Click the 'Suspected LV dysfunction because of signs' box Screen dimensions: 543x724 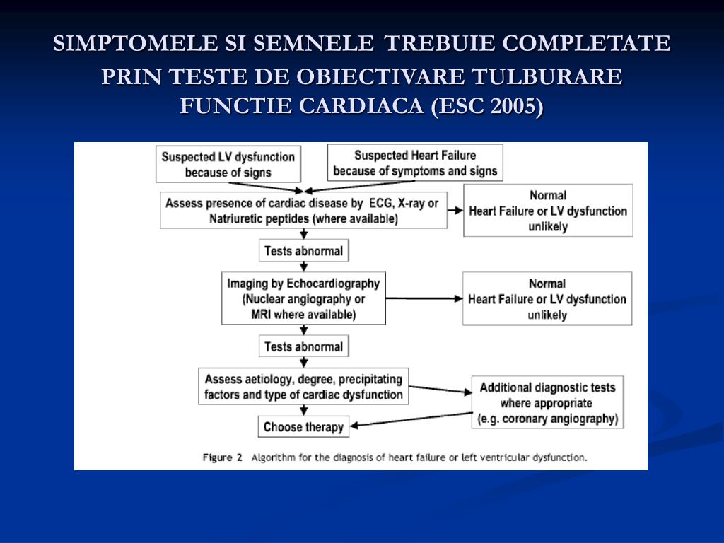pos(228,164)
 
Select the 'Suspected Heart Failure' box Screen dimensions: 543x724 pos(415,163)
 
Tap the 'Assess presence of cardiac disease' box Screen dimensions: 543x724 pos(303,211)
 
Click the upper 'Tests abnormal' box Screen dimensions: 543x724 pos(303,251)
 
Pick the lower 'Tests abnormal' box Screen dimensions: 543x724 pos(303,346)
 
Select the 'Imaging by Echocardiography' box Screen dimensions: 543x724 pos(303,298)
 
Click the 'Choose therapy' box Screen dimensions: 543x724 pos(303,427)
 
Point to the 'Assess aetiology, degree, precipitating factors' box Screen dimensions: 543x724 pos(303,387)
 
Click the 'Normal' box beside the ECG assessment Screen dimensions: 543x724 pos(547,211)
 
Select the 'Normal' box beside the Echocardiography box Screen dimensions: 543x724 pos(547,298)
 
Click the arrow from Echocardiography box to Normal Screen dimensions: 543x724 pos(424,298)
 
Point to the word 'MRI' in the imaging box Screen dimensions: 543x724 pos(262,315)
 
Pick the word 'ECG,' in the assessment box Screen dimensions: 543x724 pos(383,204)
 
